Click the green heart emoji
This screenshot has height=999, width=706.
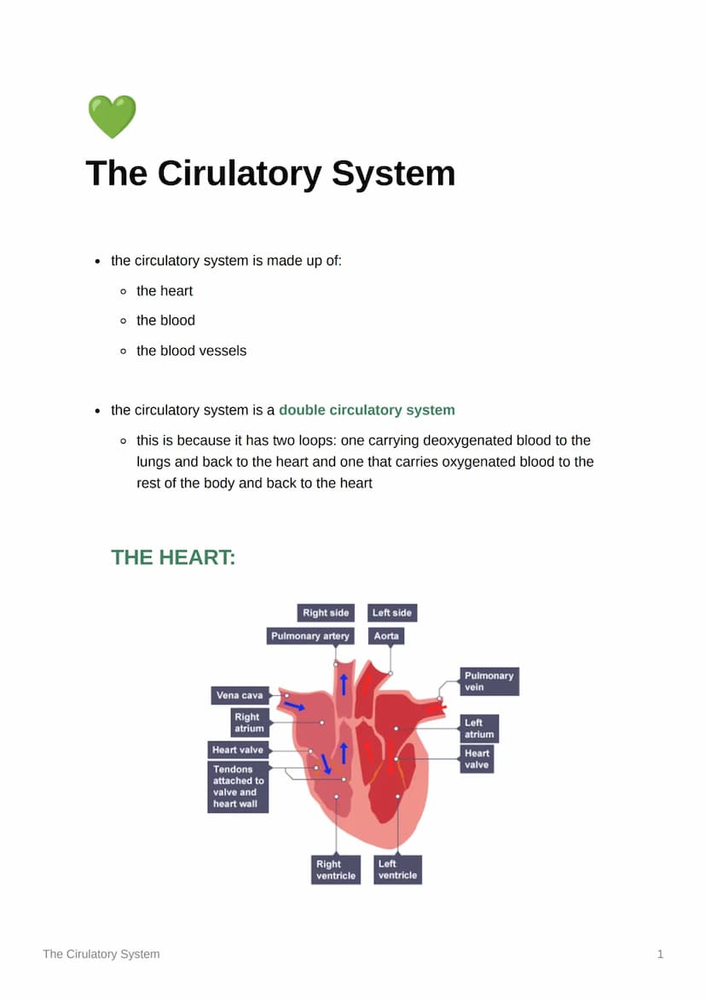[112, 117]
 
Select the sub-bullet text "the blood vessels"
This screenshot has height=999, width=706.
[191, 351]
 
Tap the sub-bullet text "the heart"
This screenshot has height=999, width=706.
[165, 291]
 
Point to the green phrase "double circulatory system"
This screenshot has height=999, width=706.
[367, 410]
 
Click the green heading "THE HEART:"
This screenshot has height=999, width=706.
[173, 558]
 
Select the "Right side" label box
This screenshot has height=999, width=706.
[326, 613]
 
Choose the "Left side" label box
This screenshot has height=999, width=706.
[392, 613]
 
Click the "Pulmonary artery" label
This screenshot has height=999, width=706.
[310, 636]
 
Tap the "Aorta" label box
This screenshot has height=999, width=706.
[386, 636]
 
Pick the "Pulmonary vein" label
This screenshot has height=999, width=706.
[489, 681]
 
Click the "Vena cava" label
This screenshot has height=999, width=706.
[240, 695]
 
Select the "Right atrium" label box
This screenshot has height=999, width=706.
[247, 723]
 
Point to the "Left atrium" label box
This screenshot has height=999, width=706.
[478, 729]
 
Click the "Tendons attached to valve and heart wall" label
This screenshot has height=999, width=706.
[238, 787]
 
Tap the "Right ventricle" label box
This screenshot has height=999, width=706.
[336, 869]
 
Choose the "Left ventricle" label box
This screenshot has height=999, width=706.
[397, 869]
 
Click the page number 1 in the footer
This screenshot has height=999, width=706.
[660, 954]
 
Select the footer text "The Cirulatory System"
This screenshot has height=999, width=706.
[101, 954]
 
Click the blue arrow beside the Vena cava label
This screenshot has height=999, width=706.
[295, 706]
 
